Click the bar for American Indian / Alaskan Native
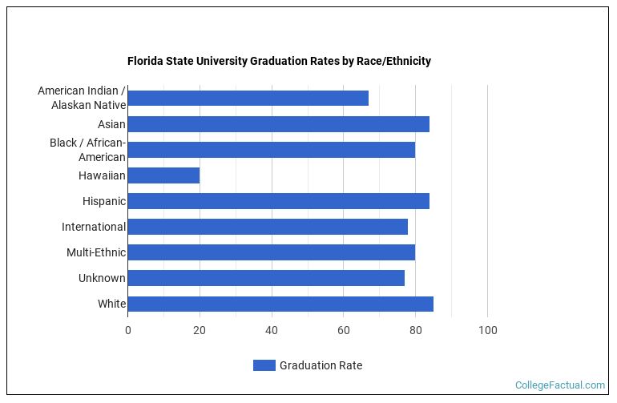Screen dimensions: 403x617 248,99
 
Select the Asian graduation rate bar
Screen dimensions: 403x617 278,124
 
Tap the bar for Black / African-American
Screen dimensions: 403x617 271,150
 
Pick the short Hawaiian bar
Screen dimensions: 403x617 163,175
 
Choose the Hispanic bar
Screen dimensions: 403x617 278,201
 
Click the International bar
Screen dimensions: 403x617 268,227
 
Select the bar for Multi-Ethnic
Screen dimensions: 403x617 271,252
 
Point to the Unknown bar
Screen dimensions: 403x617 266,278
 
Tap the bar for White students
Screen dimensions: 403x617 280,304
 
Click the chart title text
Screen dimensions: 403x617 279,61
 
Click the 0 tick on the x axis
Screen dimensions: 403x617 127,330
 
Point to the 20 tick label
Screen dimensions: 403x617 200,330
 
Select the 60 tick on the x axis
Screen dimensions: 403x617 344,330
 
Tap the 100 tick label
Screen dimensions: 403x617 487,330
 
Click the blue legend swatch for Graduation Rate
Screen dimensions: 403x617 264,365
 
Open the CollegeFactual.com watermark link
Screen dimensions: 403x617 559,385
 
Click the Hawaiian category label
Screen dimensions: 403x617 102,175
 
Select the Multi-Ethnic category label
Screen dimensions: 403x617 96,252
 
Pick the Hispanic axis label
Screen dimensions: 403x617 103,201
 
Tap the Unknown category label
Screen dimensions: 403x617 102,278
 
